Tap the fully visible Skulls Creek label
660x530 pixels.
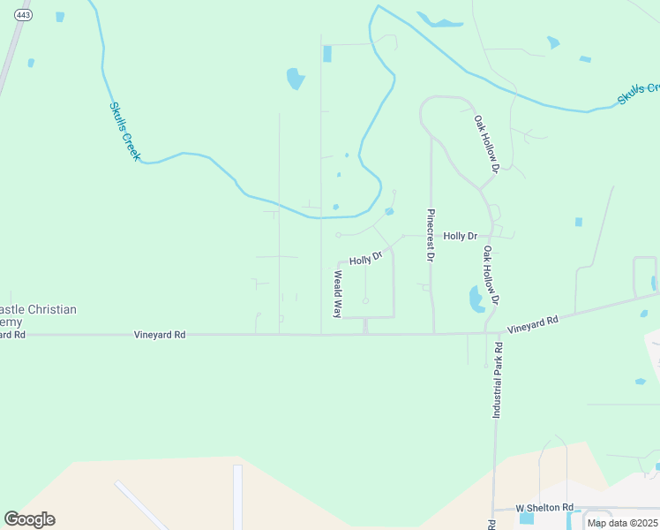click(x=124, y=131)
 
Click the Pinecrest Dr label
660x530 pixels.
click(x=431, y=236)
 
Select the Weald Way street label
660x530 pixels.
click(x=337, y=294)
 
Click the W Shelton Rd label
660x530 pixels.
click(x=544, y=508)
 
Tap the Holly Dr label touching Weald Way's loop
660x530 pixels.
click(x=365, y=259)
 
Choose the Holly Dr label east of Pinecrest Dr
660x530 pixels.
click(x=460, y=236)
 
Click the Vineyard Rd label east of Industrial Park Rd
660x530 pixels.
click(x=533, y=323)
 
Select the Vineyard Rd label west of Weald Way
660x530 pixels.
click(x=160, y=335)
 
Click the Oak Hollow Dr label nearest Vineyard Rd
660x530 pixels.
click(x=491, y=275)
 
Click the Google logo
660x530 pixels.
click(x=29, y=519)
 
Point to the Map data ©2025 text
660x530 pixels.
click(x=621, y=523)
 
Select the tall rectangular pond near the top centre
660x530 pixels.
click(x=327, y=54)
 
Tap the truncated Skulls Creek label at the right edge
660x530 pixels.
click(x=639, y=93)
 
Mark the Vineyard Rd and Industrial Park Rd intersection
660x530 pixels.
click(x=486, y=333)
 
